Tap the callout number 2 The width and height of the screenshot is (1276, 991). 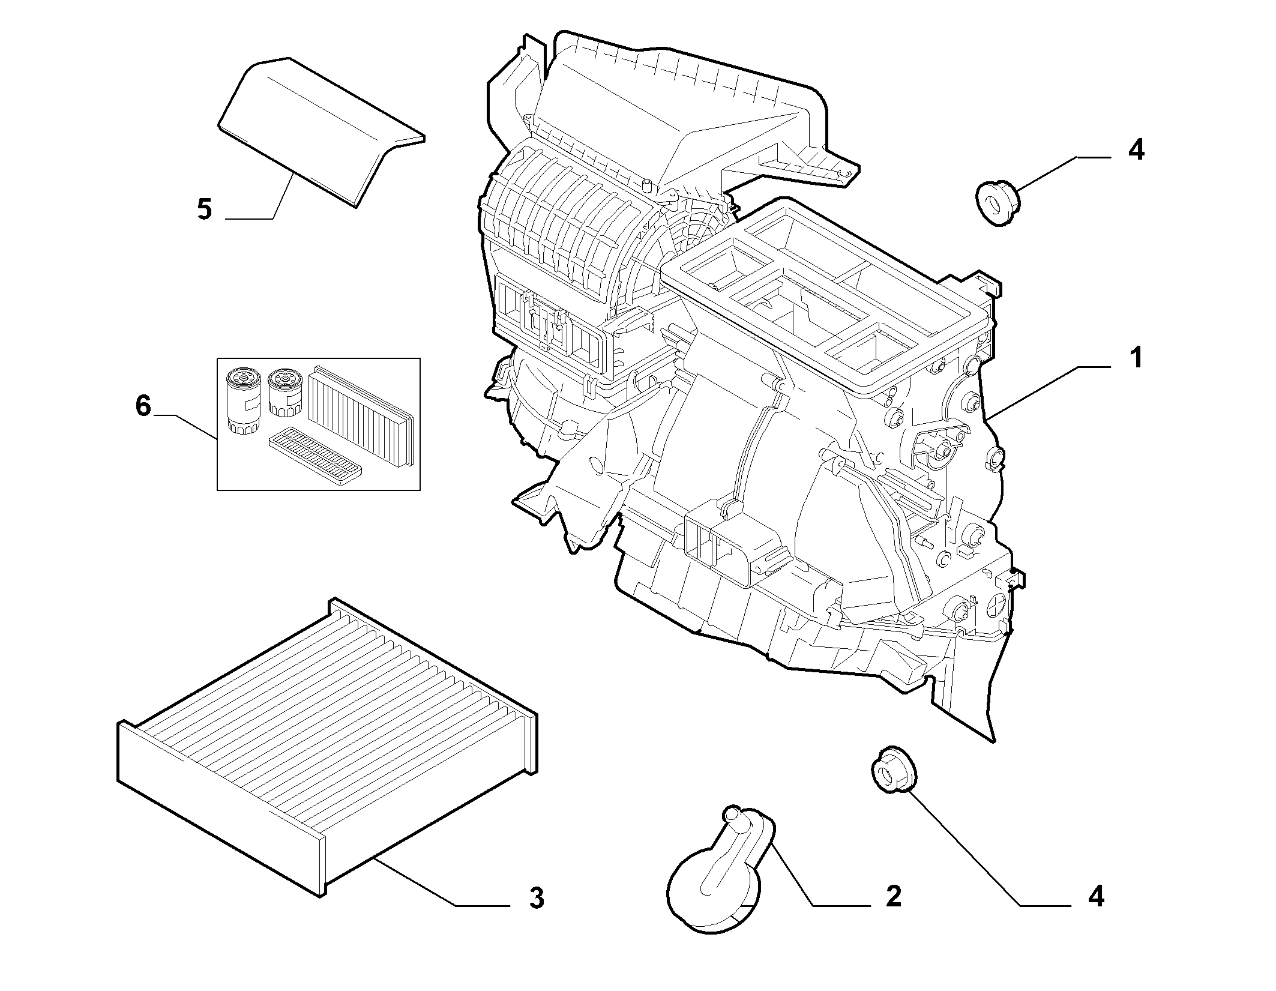[x=894, y=913]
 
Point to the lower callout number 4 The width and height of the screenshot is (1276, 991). [x=1095, y=913]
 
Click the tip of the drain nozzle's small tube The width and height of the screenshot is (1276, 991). [x=732, y=813]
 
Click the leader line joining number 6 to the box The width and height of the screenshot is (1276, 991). [x=185, y=428]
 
